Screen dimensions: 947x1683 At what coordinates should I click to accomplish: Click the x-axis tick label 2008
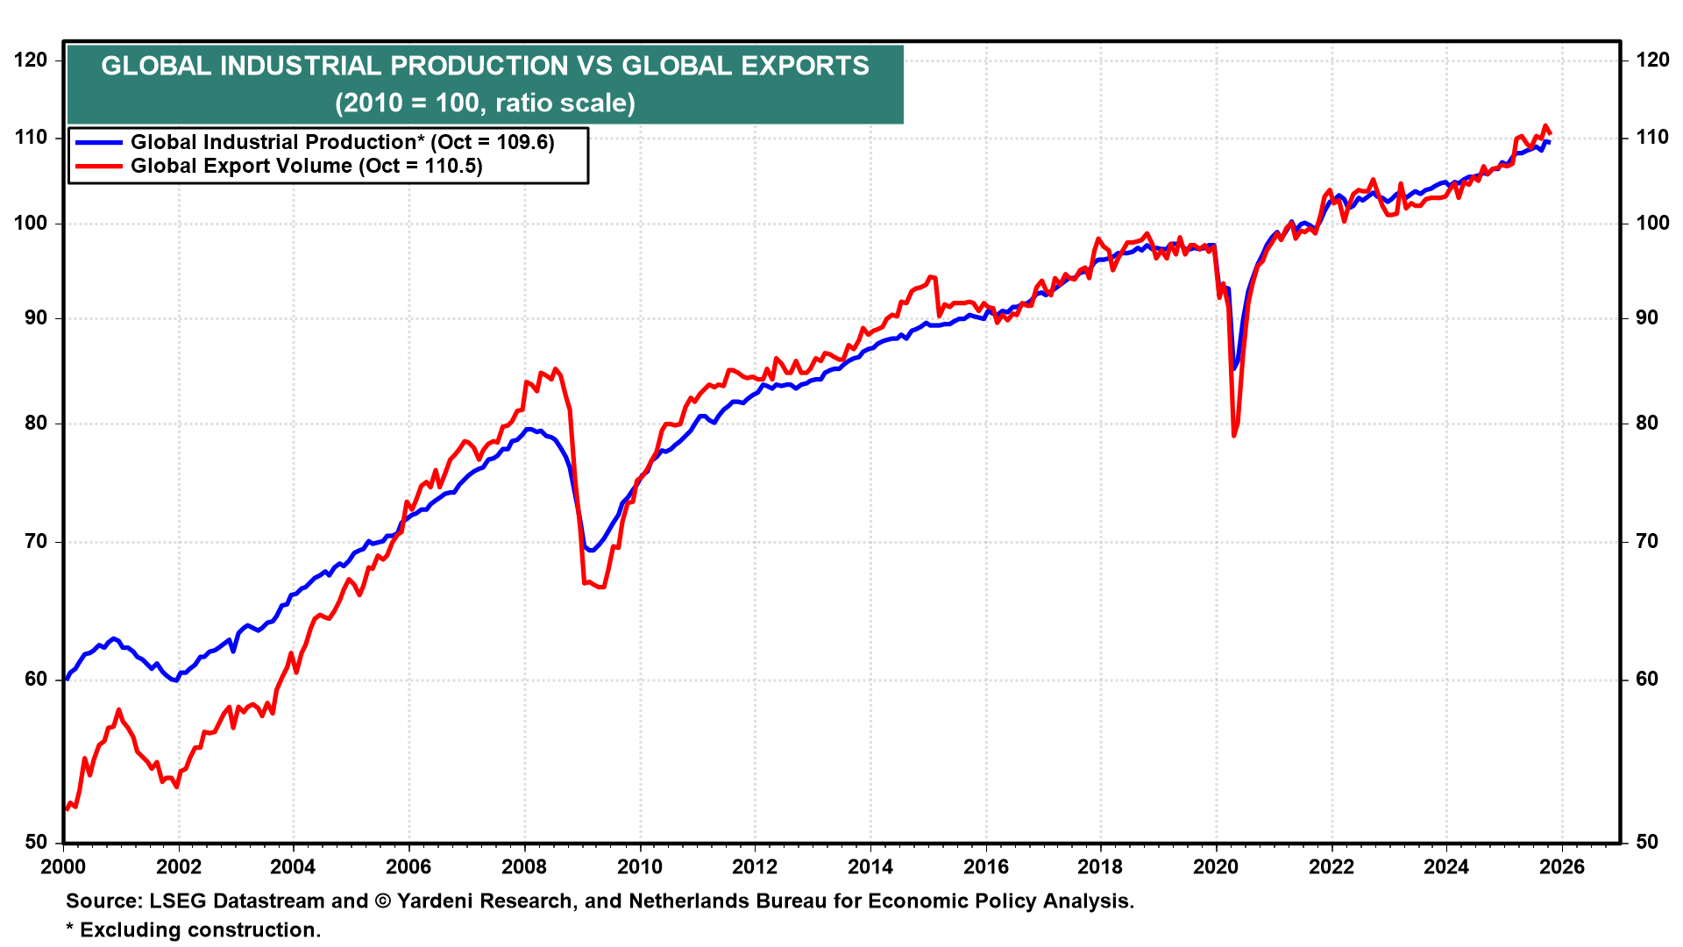[524, 867]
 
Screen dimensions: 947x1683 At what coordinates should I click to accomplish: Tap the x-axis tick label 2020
[1216, 867]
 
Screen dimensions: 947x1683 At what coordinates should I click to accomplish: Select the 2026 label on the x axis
[1562, 867]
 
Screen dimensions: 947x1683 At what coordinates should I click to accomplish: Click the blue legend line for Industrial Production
[98, 142]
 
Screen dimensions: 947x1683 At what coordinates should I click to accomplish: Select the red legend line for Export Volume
[98, 166]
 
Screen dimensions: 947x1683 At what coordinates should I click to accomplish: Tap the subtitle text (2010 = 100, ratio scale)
[485, 103]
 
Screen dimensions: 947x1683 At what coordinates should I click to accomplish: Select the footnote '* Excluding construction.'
[194, 929]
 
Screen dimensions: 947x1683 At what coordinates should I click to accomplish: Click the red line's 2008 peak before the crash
[555, 369]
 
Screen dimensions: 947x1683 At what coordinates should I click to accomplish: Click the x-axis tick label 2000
[63, 867]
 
